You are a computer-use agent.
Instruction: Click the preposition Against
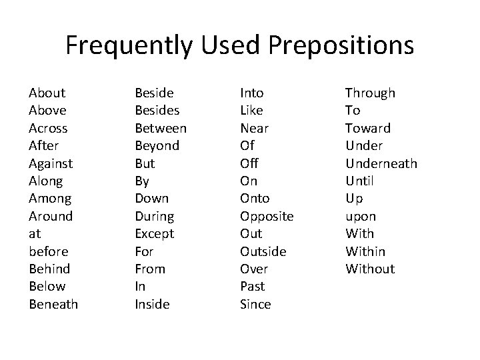click(51, 163)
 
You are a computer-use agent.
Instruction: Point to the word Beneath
click(53, 305)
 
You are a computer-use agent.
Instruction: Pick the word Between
click(161, 128)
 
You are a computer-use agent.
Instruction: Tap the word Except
click(154, 234)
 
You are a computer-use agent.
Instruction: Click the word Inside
click(152, 305)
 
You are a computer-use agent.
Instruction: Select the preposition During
click(154, 216)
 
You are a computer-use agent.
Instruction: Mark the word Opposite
click(267, 216)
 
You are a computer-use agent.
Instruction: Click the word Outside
click(263, 251)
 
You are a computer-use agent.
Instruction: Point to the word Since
click(255, 305)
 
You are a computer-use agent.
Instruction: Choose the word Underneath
click(381, 163)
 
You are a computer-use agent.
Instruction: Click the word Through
click(370, 93)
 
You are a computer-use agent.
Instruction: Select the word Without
click(370, 269)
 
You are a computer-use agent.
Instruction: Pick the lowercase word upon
click(361, 216)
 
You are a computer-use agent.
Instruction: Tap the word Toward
click(367, 128)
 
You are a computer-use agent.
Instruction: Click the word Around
click(51, 216)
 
